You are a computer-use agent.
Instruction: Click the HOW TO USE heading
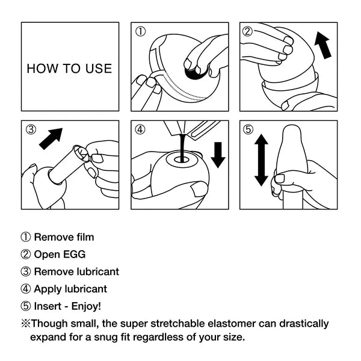[69, 68]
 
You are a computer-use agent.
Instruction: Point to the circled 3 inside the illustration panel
[31, 130]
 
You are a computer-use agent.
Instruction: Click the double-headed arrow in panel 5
[261, 160]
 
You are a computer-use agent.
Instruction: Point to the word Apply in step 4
[47, 289]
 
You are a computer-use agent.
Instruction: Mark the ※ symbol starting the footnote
[26, 324]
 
